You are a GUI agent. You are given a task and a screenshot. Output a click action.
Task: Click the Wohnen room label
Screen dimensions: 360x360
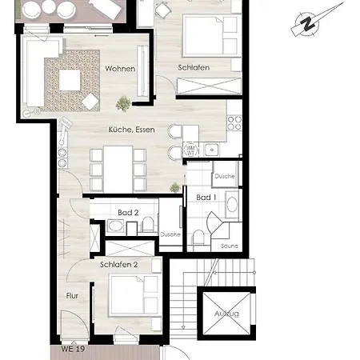click(x=120, y=69)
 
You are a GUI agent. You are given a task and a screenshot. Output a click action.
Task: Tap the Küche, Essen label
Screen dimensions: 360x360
click(x=131, y=130)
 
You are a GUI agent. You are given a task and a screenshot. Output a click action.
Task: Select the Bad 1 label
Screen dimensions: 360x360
click(x=206, y=198)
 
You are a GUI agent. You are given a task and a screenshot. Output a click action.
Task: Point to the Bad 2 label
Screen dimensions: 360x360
click(x=128, y=213)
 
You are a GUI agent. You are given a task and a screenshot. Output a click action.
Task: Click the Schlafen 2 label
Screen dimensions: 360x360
click(x=118, y=265)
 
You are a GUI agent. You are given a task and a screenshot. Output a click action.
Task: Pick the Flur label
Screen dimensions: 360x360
click(x=72, y=296)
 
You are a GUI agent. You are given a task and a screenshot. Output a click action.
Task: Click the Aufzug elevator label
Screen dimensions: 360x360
click(x=226, y=314)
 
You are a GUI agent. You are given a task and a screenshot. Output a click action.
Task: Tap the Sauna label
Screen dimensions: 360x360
click(x=230, y=246)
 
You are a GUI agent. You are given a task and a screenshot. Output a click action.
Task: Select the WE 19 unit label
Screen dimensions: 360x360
click(x=73, y=349)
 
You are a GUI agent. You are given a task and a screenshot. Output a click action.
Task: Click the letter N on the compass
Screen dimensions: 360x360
click(x=308, y=24)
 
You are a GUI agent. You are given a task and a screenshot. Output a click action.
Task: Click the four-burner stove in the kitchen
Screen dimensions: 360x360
click(x=234, y=123)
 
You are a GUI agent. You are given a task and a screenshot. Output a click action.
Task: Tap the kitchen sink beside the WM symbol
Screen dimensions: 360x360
click(x=212, y=150)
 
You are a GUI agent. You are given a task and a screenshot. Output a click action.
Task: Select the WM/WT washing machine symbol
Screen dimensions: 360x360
click(x=191, y=150)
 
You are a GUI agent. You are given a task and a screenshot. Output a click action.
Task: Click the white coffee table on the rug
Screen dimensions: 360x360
click(x=70, y=80)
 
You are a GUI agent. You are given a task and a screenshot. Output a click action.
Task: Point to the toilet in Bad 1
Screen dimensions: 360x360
click(x=198, y=237)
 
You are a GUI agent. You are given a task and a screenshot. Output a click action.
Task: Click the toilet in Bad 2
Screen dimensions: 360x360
click(x=148, y=224)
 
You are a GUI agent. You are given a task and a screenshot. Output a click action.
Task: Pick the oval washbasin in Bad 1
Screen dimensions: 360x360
click(x=232, y=205)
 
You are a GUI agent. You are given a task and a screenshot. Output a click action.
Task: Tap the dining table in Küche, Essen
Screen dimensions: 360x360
click(x=118, y=169)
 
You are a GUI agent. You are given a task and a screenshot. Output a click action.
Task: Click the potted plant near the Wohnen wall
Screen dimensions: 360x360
click(x=123, y=103)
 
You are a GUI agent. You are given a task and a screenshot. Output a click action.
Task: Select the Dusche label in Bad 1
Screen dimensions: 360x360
click(x=225, y=176)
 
